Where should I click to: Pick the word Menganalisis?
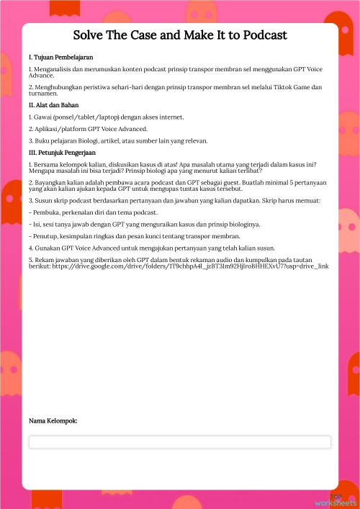51,68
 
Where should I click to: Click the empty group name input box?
179,442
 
